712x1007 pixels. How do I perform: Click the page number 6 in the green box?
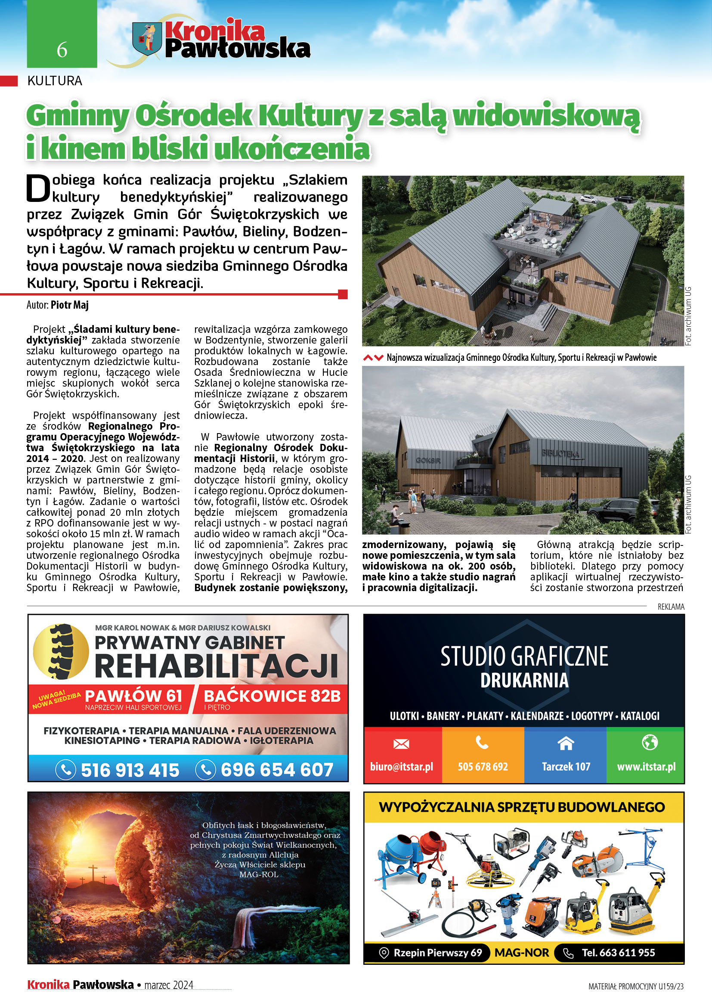point(62,50)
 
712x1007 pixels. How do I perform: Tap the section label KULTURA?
point(55,81)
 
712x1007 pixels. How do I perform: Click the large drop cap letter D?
point(38,189)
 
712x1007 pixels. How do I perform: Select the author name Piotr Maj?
point(70,305)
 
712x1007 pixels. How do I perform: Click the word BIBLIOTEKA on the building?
point(560,453)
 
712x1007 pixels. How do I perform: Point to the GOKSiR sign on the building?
point(428,461)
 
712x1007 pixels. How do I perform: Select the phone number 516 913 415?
point(130,770)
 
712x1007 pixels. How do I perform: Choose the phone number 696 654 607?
point(277,770)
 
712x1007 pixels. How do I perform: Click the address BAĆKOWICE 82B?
point(272,696)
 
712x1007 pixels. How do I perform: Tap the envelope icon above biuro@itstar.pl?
point(401,744)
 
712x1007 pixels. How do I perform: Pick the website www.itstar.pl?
point(646,767)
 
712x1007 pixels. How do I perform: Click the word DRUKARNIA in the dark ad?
point(524,681)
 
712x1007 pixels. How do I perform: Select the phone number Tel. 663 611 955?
point(618,953)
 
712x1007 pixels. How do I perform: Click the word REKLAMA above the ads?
point(671,607)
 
